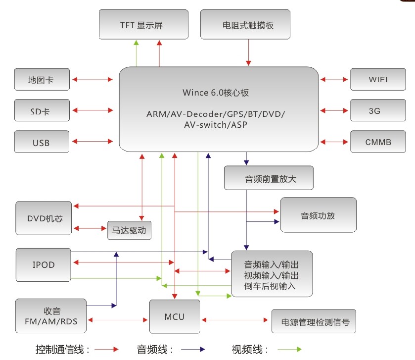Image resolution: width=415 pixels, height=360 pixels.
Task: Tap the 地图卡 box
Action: (42, 79)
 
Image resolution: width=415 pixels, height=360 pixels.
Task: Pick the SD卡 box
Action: (42, 110)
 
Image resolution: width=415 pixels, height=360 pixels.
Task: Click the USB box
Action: (42, 142)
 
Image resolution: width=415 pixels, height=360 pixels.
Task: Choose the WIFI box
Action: (377, 79)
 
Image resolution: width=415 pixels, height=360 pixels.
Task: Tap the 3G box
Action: (377, 110)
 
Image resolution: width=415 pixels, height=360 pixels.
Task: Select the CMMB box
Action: (377, 142)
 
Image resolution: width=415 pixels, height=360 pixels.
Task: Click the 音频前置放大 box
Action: (269, 178)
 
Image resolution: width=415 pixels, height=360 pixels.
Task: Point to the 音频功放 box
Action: (318, 215)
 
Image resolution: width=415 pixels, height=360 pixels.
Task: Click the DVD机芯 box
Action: (43, 218)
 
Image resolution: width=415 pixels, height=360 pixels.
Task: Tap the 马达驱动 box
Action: (129, 230)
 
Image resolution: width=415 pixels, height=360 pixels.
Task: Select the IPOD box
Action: (43, 265)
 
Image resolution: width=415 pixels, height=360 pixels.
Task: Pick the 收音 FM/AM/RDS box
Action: (50, 315)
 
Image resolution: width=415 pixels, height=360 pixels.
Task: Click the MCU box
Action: (175, 316)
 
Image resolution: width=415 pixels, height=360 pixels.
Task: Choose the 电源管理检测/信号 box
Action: (314, 322)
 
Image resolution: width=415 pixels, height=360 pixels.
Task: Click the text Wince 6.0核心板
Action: (218, 93)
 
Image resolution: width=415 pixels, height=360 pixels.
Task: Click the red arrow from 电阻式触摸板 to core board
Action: (248, 52)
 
